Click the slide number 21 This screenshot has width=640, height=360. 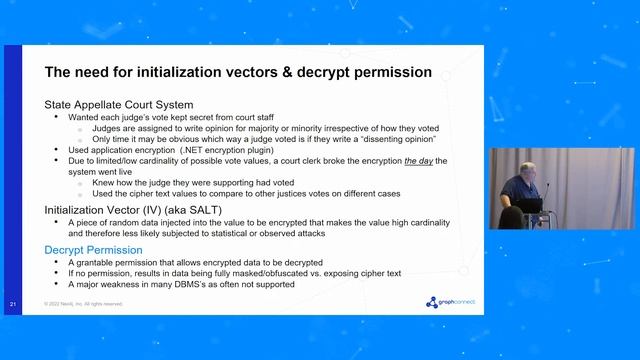(11, 303)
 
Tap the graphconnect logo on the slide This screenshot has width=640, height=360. (445, 302)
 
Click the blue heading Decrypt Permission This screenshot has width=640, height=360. (94, 249)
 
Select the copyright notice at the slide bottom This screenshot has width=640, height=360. (83, 303)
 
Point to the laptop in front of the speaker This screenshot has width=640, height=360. (529, 205)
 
